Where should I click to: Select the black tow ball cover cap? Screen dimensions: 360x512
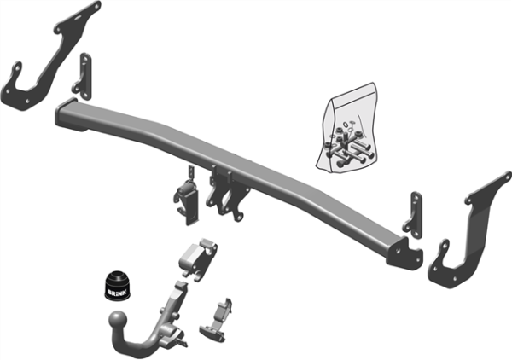(x=117, y=286)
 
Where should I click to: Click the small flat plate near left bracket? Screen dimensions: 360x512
(x=82, y=75)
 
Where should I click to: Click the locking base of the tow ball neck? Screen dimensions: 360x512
(x=169, y=328)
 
